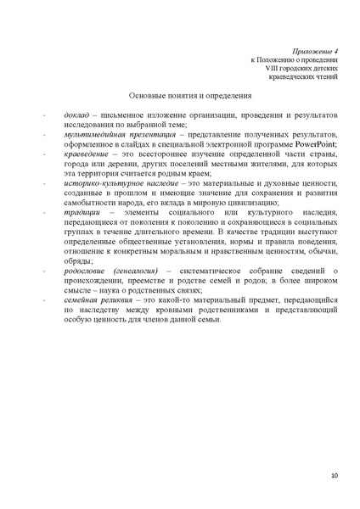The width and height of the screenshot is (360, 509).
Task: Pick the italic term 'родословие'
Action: pos(86,270)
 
